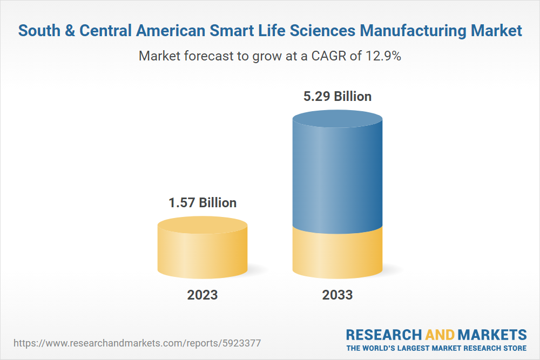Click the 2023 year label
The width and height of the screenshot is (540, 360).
pos(202,295)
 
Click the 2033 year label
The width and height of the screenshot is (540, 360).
pos(337,295)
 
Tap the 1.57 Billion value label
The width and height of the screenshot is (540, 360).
pos(202,203)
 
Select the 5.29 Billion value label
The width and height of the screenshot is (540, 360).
pos(337,97)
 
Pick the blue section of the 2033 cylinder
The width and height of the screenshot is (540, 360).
pos(337,178)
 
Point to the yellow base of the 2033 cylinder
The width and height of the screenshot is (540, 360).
pos(337,254)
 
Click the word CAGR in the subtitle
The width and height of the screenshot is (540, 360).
pos(326,56)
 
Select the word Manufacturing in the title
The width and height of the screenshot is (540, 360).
pos(421,31)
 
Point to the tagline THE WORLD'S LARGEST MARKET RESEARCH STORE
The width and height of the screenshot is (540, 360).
pos(436,348)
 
